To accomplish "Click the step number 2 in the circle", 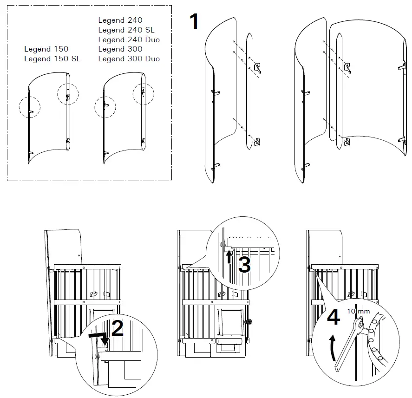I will pos(117,328).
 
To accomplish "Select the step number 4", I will pos(333,318).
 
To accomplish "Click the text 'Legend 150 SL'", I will pos(52,59).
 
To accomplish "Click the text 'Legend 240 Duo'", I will pos(129,39).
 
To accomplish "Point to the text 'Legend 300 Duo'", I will pos(129,59).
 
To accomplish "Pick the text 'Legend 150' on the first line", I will pos(46,49).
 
